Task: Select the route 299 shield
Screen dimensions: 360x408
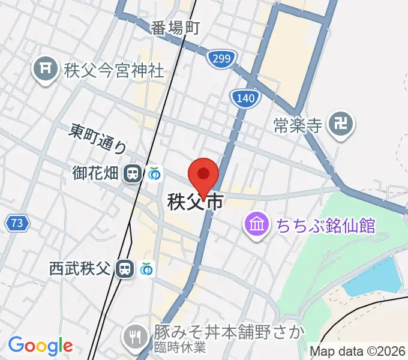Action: point(221,58)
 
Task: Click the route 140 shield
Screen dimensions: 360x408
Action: point(245,98)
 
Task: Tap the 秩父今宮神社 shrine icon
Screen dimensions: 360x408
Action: point(45,70)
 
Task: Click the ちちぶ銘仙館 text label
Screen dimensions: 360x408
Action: point(326,226)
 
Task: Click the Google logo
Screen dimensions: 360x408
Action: point(40,346)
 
